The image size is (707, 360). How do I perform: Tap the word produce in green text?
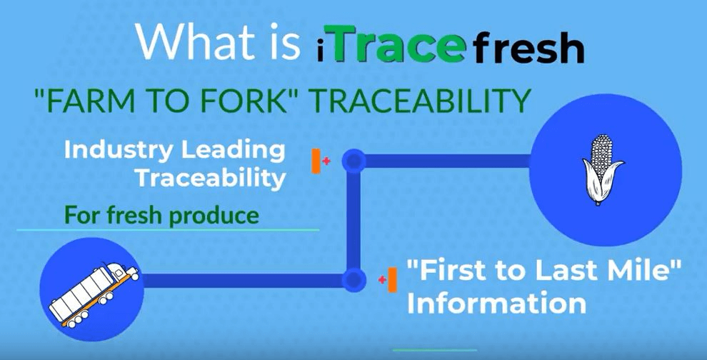pyautogui.click(x=214, y=216)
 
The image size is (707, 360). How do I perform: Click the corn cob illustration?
pyautogui.click(x=603, y=169)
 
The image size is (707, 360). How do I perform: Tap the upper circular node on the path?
pyautogui.click(x=354, y=161)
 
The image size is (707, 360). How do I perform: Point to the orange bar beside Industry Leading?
pyautogui.click(x=316, y=161)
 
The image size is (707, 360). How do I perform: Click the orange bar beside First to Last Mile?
pyautogui.click(x=392, y=280)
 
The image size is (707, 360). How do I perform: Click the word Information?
pyautogui.click(x=496, y=303)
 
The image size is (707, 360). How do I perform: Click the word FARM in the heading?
pyautogui.click(x=81, y=101)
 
